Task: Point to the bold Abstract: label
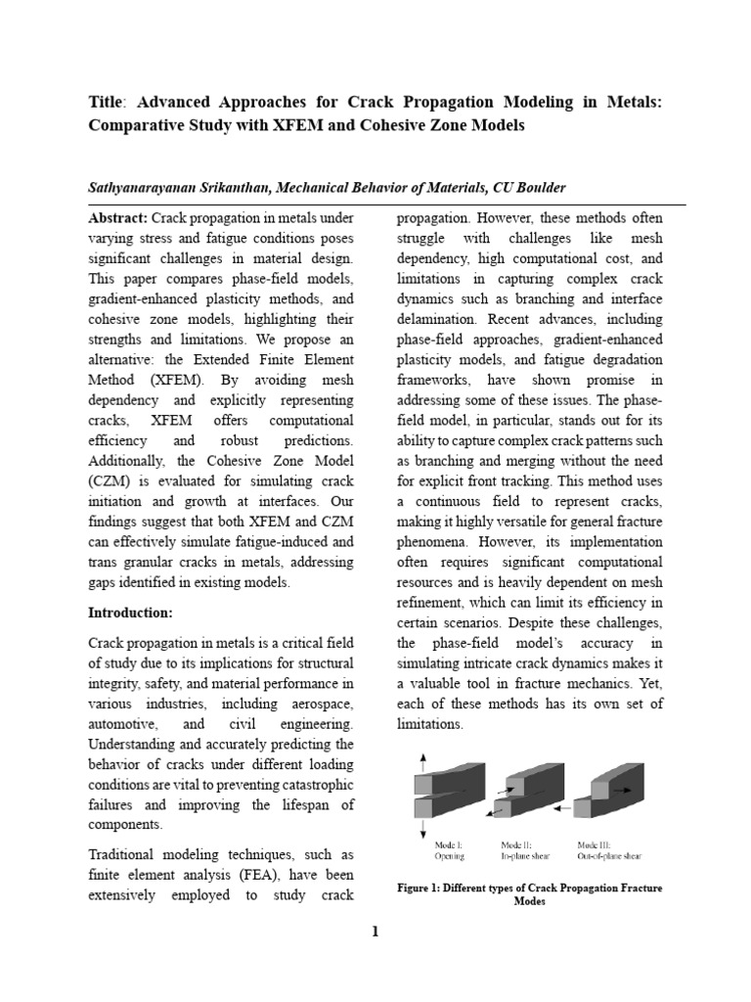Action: pos(118,217)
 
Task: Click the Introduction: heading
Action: pos(130,613)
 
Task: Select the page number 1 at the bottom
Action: pos(374,932)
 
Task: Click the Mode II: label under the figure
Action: pos(515,843)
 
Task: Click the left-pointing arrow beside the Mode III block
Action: pos(560,809)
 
